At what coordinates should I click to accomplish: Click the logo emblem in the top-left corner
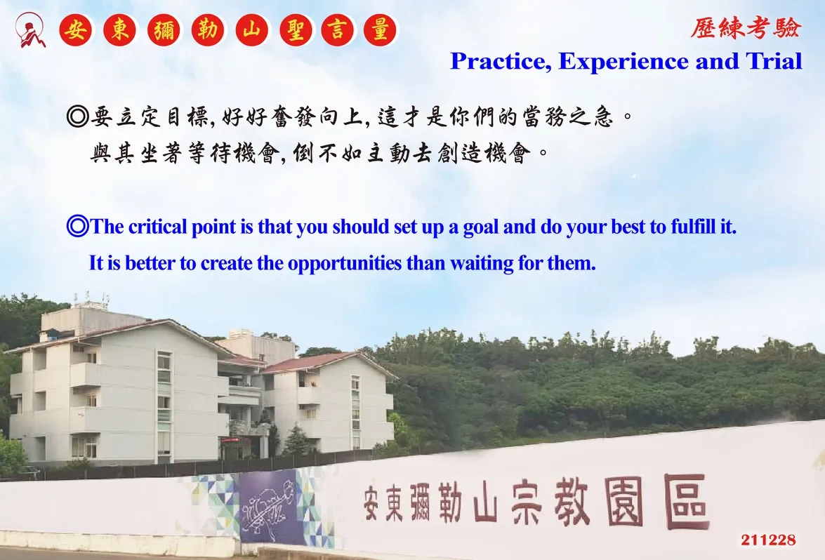click(x=29, y=30)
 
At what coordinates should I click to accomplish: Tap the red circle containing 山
click(x=252, y=29)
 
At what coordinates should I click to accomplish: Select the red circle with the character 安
click(x=77, y=29)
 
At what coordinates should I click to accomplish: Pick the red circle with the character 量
click(x=380, y=29)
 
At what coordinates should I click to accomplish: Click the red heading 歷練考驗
click(x=746, y=28)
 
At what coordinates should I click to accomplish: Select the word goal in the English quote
click(x=481, y=227)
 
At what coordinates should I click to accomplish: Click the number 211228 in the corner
click(x=768, y=540)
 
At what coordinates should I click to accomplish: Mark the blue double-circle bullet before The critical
click(x=77, y=227)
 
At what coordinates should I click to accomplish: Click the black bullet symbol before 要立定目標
click(x=77, y=116)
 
